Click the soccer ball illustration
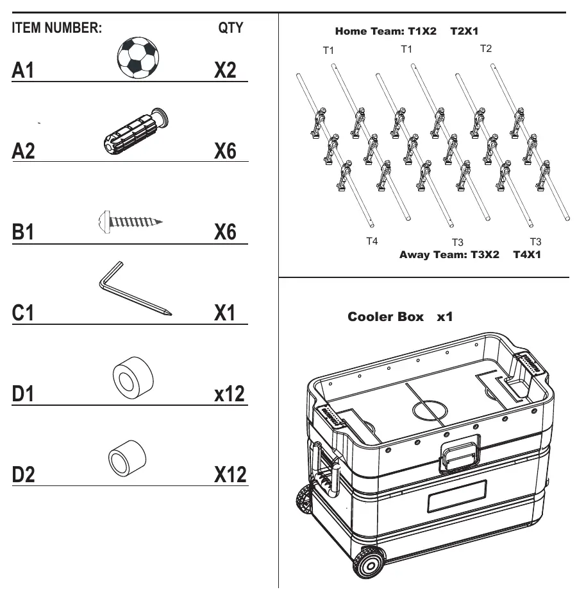[x=138, y=57]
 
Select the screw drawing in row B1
[x=130, y=222]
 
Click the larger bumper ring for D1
[x=133, y=376]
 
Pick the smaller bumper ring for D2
[x=128, y=458]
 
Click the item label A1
[x=23, y=70]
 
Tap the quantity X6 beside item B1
[x=225, y=231]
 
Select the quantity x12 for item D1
[x=230, y=394]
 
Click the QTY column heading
[x=231, y=28]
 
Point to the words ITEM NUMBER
[x=57, y=28]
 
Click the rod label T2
[x=486, y=48]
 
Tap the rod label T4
[x=372, y=241]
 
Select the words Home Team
[x=369, y=31]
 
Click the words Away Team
[x=433, y=254]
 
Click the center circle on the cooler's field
[x=430, y=410]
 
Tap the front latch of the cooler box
[x=460, y=453]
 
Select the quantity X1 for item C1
[x=224, y=313]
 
